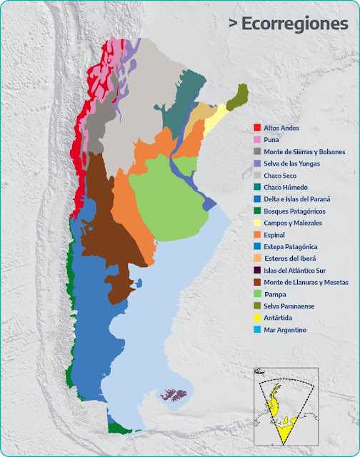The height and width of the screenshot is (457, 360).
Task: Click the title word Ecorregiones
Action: (294, 24)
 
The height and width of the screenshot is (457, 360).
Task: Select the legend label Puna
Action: (271, 140)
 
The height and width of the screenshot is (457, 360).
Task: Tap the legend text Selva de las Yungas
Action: (291, 164)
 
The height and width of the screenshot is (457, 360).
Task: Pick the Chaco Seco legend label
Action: (280, 175)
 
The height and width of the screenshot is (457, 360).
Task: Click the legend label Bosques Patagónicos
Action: (294, 211)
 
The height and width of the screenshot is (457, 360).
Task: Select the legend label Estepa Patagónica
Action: (290, 246)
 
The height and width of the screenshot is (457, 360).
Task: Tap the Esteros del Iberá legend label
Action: (291, 258)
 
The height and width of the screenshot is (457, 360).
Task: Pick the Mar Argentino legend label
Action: (285, 330)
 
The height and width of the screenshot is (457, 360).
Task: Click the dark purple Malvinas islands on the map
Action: (172, 394)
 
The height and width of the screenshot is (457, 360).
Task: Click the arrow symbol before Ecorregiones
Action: (233, 24)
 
